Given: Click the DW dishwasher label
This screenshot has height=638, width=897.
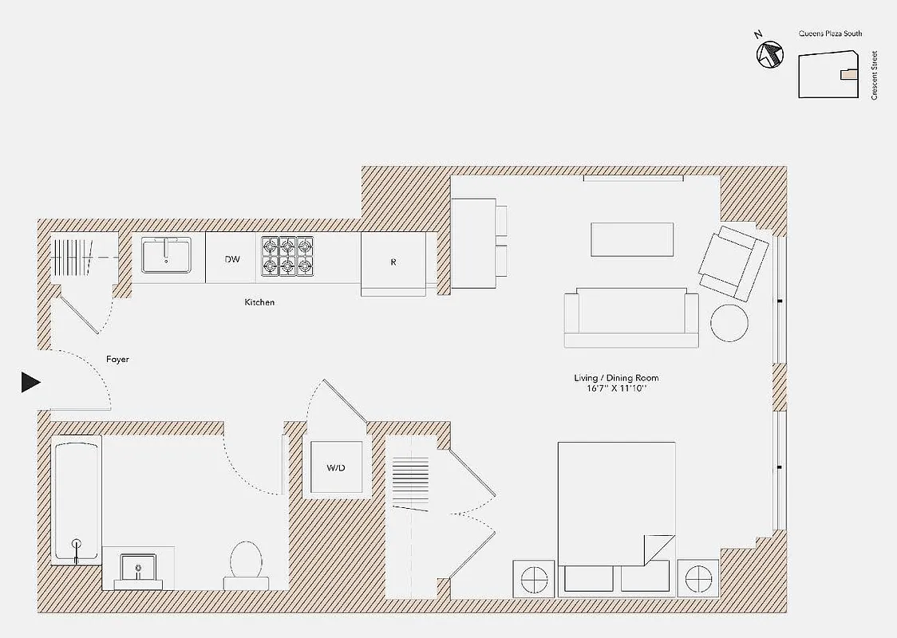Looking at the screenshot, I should pos(232,259).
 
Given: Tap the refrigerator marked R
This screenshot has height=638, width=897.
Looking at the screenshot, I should pos(393,262).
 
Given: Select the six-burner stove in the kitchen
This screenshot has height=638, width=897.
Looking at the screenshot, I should pos(287,257).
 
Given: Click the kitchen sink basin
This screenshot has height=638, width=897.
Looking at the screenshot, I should pos(166,255).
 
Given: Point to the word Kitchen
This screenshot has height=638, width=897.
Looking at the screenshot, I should pos(259,303).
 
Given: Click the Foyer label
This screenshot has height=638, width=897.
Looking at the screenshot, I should pos(117,360).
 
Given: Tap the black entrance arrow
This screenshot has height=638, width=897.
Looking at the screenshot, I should pos(30,383).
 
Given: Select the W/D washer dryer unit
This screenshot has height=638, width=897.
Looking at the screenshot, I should pos(336,467).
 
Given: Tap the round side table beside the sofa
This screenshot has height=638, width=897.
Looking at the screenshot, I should pos(729,323).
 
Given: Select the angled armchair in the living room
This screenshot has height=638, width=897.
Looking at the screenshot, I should pos(728,262).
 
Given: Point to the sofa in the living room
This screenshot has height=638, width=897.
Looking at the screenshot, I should pos(630,317).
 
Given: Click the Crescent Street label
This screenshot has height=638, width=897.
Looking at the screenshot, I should pos(875,76).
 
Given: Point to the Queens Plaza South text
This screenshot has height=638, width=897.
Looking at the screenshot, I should pos(830,34).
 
